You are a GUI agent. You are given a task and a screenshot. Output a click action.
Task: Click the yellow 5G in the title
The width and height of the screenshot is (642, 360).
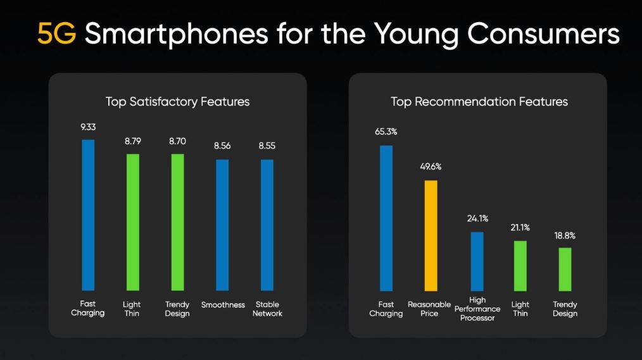click(56, 34)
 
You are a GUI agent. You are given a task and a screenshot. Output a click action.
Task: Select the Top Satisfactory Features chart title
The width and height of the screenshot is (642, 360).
click(177, 101)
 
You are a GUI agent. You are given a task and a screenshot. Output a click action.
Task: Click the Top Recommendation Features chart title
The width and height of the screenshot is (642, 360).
click(479, 101)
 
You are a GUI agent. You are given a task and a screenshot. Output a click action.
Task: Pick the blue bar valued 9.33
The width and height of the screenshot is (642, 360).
click(88, 214)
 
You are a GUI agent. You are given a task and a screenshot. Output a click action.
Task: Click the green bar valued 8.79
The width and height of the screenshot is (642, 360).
click(132, 221)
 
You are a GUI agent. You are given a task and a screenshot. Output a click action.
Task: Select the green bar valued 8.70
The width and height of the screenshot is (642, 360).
click(177, 221)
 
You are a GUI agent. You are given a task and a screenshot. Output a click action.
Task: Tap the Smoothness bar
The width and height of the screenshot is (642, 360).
click(222, 225)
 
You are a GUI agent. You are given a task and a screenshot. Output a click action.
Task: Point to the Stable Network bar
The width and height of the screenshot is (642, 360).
click(267, 225)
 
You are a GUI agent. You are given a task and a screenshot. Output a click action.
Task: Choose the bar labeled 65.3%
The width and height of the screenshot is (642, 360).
click(386, 218)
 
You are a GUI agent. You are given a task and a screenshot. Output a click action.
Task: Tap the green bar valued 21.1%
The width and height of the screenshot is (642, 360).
click(520, 265)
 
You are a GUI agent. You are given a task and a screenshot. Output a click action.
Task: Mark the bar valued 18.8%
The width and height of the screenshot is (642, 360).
click(565, 268)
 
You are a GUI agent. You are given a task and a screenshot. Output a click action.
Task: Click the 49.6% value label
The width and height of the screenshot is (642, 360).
click(431, 167)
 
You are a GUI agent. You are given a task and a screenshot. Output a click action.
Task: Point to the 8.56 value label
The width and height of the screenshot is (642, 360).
click(222, 146)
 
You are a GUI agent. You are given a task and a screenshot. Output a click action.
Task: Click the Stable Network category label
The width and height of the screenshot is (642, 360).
click(267, 309)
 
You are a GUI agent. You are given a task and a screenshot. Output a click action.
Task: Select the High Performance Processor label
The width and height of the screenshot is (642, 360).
click(477, 309)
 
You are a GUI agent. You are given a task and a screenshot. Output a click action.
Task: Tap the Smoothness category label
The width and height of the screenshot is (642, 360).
click(223, 305)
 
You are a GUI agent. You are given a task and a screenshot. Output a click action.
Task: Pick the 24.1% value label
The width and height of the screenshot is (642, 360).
click(477, 219)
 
